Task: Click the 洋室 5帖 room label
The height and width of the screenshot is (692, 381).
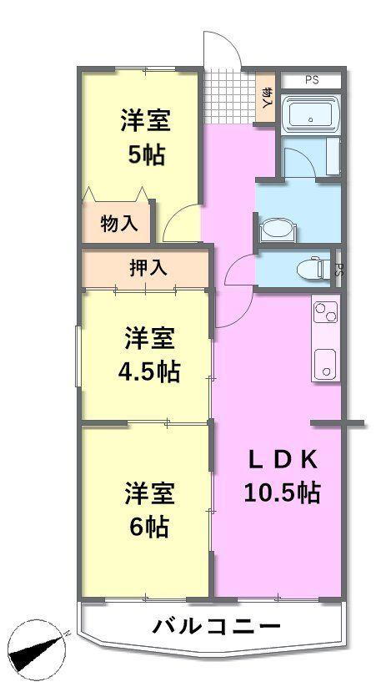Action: tap(146, 137)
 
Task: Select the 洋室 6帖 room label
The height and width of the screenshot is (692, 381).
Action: tap(150, 510)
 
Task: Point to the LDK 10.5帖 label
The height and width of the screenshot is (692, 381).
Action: tap(282, 476)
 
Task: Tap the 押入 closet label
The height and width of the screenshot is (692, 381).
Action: tap(148, 268)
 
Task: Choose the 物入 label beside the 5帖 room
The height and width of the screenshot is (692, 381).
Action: tap(118, 223)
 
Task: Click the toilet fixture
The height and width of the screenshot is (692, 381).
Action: tap(313, 267)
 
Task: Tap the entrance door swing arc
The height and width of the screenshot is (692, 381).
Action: tap(220, 50)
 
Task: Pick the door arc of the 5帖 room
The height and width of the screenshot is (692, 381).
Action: tap(178, 224)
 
